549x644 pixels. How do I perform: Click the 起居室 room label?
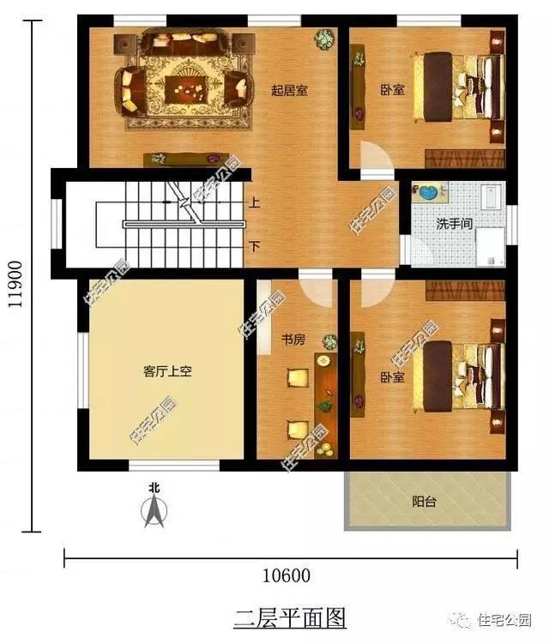click(x=289, y=90)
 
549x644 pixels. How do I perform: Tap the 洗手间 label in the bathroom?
click(x=454, y=224)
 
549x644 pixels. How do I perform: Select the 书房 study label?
click(x=293, y=340)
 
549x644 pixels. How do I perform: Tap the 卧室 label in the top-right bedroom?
click(x=392, y=88)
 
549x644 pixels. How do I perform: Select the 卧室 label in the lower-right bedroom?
click(x=392, y=377)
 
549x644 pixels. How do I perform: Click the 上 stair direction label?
click(x=255, y=204)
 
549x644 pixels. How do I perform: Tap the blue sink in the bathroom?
click(x=428, y=192)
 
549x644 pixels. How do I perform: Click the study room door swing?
click(x=315, y=290)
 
